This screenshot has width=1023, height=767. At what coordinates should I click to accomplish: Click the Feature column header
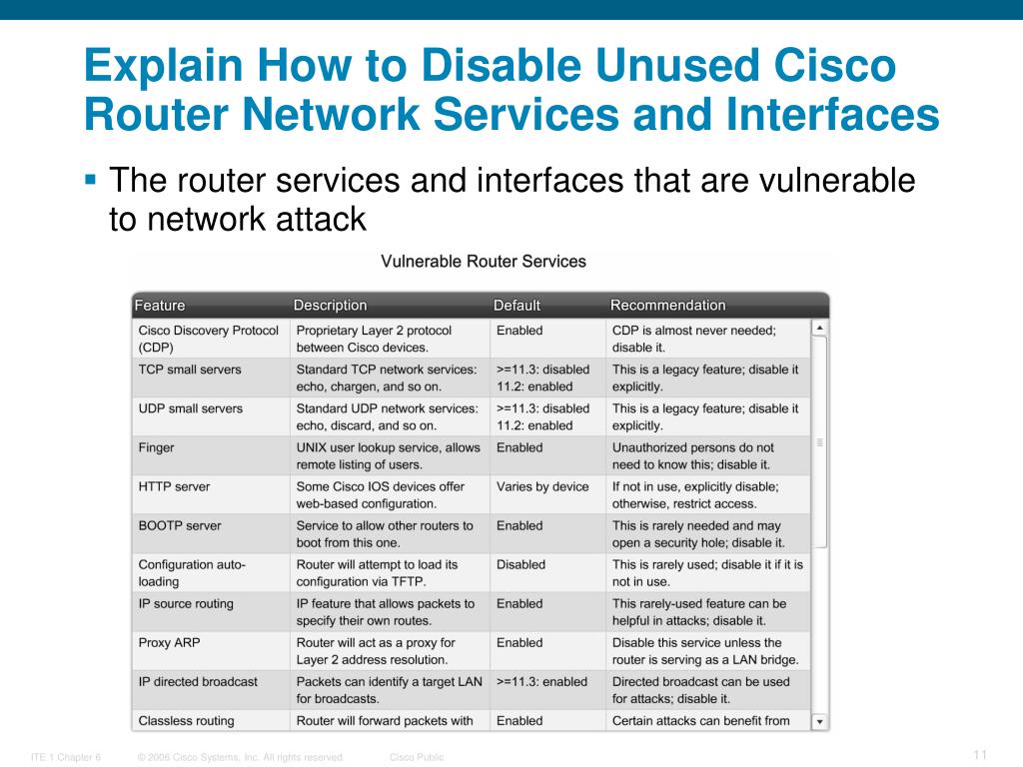(x=160, y=306)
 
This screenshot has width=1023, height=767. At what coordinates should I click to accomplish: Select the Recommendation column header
(x=667, y=306)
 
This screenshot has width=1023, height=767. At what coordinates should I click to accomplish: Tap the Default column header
(x=516, y=306)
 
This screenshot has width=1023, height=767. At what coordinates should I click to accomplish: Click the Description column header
(x=330, y=306)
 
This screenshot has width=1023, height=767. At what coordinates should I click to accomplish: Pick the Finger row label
(x=156, y=448)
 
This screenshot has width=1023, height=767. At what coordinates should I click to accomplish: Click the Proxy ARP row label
(x=169, y=643)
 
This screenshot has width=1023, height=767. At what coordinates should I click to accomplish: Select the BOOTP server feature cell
(x=180, y=526)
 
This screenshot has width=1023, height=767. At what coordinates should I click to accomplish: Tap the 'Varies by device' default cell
(x=542, y=487)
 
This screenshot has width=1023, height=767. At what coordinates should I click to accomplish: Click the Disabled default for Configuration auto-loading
(x=520, y=565)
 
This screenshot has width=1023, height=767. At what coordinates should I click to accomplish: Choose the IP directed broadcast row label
(x=198, y=682)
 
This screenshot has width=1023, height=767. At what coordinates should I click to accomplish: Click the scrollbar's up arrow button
(x=819, y=328)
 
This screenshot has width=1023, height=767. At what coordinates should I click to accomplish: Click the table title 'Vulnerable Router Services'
(x=484, y=262)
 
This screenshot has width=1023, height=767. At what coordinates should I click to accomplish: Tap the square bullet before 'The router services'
(x=91, y=181)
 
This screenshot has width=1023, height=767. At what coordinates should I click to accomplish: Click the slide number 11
(x=979, y=754)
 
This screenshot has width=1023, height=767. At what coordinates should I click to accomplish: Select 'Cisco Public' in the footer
(x=417, y=758)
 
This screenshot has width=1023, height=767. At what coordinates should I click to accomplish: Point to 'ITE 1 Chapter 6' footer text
(x=66, y=758)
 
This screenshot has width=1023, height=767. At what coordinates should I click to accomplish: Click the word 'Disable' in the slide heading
(x=496, y=67)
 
